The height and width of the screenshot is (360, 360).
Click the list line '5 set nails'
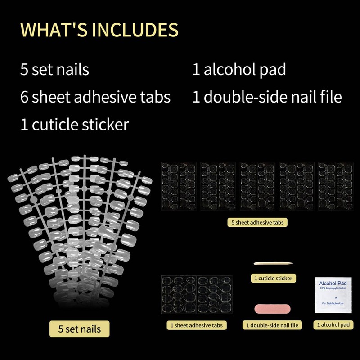click(x=54, y=70)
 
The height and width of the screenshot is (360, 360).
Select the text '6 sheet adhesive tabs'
click(x=95, y=97)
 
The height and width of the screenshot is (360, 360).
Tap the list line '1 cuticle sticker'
click(x=74, y=124)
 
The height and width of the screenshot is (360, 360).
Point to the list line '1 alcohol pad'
click(x=239, y=70)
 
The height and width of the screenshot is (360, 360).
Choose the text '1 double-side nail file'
click(x=267, y=97)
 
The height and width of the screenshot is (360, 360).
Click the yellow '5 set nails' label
click(x=79, y=328)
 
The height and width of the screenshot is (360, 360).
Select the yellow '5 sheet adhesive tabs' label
click(x=257, y=222)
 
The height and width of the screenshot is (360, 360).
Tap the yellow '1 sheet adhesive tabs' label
click(x=196, y=325)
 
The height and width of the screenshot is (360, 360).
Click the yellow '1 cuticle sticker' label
click(x=273, y=279)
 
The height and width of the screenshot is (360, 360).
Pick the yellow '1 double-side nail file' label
click(x=273, y=325)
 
